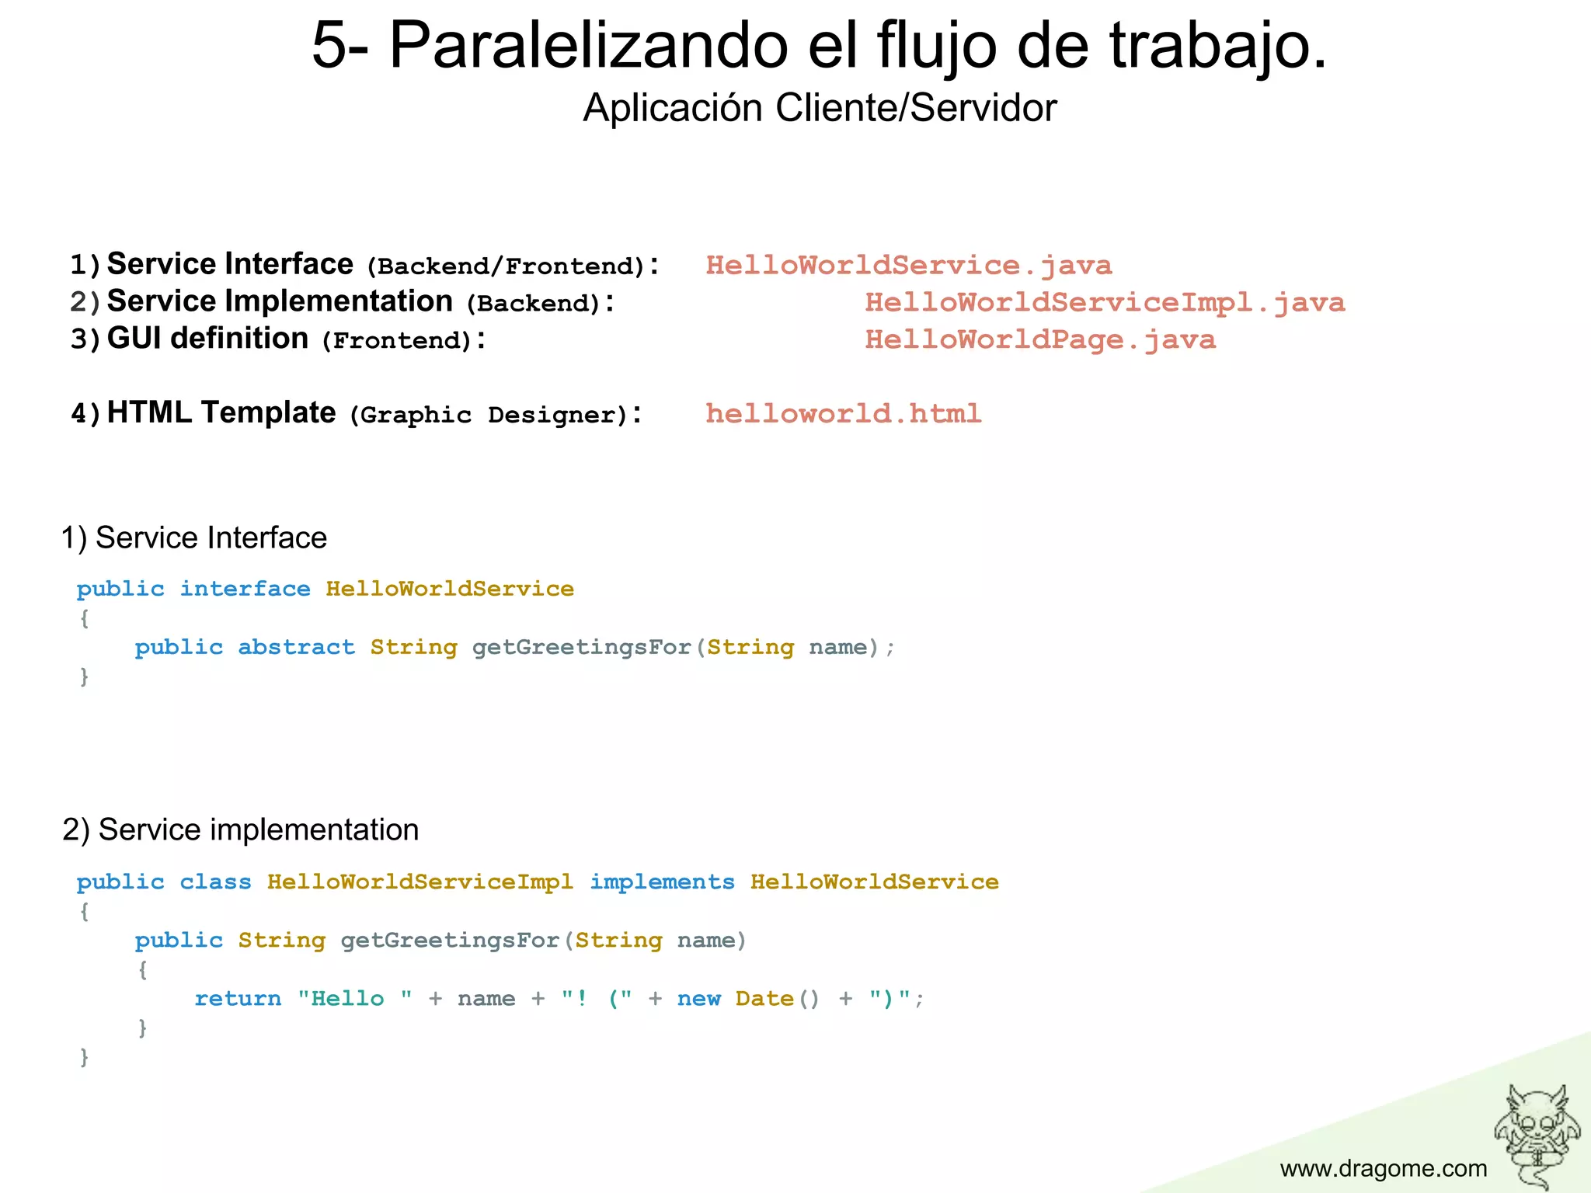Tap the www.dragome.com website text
pyautogui.click(x=1383, y=1168)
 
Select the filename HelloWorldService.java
pyautogui.click(x=908, y=266)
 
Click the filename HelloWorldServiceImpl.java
pyautogui.click(x=1104, y=302)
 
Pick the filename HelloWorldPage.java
pyautogui.click(x=1039, y=339)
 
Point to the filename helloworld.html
pyautogui.click(x=843, y=413)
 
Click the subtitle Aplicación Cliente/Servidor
pyautogui.click(x=819, y=107)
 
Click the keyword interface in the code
pyautogui.click(x=245, y=589)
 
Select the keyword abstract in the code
pyautogui.click(x=296, y=647)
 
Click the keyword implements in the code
pyautogui.click(x=662, y=882)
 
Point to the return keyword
pyautogui.click(x=238, y=999)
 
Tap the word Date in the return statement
pyautogui.click(x=764, y=999)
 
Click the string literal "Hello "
pyautogui.click(x=354, y=999)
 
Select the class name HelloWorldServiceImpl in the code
pyautogui.click(x=420, y=882)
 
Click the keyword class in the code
pyautogui.click(x=215, y=882)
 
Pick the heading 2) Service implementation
pyautogui.click(x=240, y=830)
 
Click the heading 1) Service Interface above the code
pyautogui.click(x=194, y=537)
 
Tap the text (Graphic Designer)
pyautogui.click(x=488, y=415)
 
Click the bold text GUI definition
pyautogui.click(x=207, y=339)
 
